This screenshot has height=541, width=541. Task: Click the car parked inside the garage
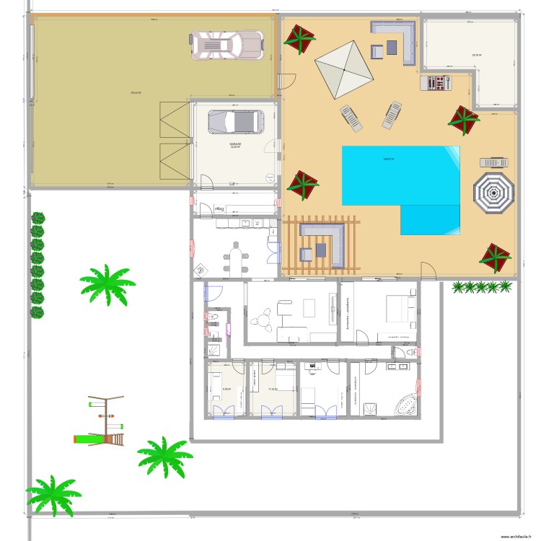click(x=235, y=122)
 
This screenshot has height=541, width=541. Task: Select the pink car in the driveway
click(x=226, y=45)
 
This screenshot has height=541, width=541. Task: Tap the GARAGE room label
click(x=235, y=144)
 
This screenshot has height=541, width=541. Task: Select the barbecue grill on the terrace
click(x=435, y=83)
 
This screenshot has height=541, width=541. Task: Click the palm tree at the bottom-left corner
click(x=53, y=495)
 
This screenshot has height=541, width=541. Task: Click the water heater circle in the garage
click(x=269, y=177)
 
